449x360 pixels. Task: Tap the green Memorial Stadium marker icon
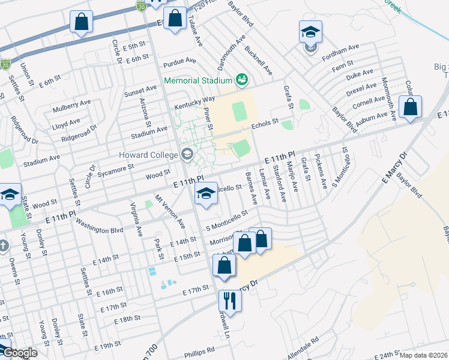(x=243, y=79)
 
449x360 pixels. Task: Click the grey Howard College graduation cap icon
(x=187, y=154)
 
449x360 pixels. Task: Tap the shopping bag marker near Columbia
(x=410, y=107)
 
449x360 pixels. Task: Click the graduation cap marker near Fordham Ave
(x=310, y=32)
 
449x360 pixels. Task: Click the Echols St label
(x=265, y=124)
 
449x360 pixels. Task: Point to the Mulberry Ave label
(x=71, y=104)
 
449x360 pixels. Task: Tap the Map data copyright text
(x=424, y=355)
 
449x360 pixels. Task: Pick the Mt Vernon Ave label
(x=170, y=210)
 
